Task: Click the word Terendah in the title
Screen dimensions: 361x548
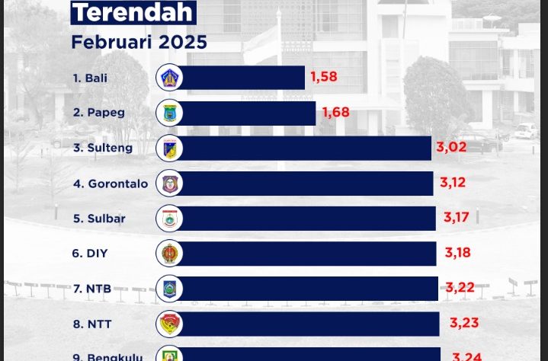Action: pos(133,12)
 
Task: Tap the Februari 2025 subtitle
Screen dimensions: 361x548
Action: pos(139,42)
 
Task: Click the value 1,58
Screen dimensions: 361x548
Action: pos(323,77)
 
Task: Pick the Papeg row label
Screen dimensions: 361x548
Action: pos(99,113)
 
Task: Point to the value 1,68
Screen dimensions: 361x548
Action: pos(335,113)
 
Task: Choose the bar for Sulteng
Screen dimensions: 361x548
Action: pos(305,148)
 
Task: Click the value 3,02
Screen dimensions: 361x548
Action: pos(451,147)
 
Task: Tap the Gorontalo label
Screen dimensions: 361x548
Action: pos(111,184)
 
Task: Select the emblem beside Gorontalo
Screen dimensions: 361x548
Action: pos(168,184)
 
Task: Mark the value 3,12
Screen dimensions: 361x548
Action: pos(453,183)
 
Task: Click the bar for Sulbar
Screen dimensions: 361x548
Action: pos(308,219)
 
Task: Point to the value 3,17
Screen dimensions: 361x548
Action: pos(457,218)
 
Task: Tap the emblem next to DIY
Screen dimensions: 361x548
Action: pos(168,254)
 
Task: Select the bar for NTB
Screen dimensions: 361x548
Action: pos(309,289)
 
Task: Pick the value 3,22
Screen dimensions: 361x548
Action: pos(460,288)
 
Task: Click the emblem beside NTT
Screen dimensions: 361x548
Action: pos(168,324)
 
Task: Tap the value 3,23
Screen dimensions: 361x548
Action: pos(464,323)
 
